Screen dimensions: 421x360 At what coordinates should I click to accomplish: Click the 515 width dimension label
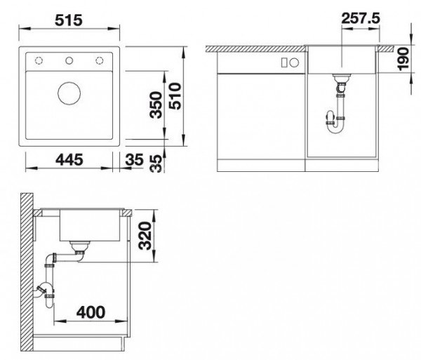(69, 20)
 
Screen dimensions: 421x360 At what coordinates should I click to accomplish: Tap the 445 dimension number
(69, 160)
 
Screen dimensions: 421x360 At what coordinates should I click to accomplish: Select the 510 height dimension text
(175, 96)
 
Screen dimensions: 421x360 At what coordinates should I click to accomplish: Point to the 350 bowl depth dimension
(156, 105)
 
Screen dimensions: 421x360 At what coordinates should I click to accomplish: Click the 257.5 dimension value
(361, 18)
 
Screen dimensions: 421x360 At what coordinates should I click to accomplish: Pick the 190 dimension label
(403, 59)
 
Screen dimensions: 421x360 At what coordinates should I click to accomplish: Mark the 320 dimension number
(146, 236)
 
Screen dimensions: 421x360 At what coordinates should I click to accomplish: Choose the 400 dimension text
(91, 312)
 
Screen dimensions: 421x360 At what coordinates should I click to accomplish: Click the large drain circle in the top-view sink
(69, 93)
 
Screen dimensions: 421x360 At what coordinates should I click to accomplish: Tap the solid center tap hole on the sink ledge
(69, 60)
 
